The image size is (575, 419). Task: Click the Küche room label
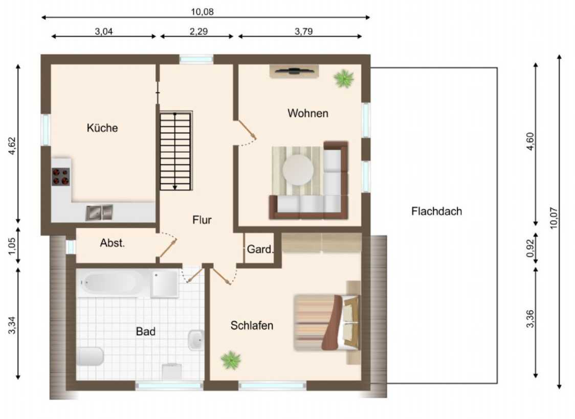click(102, 128)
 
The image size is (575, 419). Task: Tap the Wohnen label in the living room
click(307, 113)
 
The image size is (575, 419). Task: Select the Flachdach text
click(436, 212)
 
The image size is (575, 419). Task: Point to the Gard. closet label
click(260, 249)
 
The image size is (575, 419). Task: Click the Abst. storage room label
click(112, 243)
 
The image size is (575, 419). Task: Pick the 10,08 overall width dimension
click(202, 12)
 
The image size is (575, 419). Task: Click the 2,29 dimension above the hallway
click(198, 32)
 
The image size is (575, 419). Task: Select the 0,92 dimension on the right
click(530, 248)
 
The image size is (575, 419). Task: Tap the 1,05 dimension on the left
click(12, 245)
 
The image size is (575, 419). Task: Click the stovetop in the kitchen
click(60, 176)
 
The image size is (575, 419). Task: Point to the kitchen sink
click(99, 213)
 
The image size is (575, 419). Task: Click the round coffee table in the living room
click(298, 170)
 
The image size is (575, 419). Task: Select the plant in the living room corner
click(344, 78)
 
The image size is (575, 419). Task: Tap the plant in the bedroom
click(231, 360)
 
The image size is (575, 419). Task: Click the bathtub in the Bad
click(110, 283)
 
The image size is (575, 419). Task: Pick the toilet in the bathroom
click(90, 356)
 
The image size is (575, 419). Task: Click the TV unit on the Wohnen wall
click(294, 71)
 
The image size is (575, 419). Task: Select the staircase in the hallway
click(176, 151)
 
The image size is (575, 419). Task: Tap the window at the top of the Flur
click(196, 59)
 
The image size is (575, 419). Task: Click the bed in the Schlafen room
click(327, 322)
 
